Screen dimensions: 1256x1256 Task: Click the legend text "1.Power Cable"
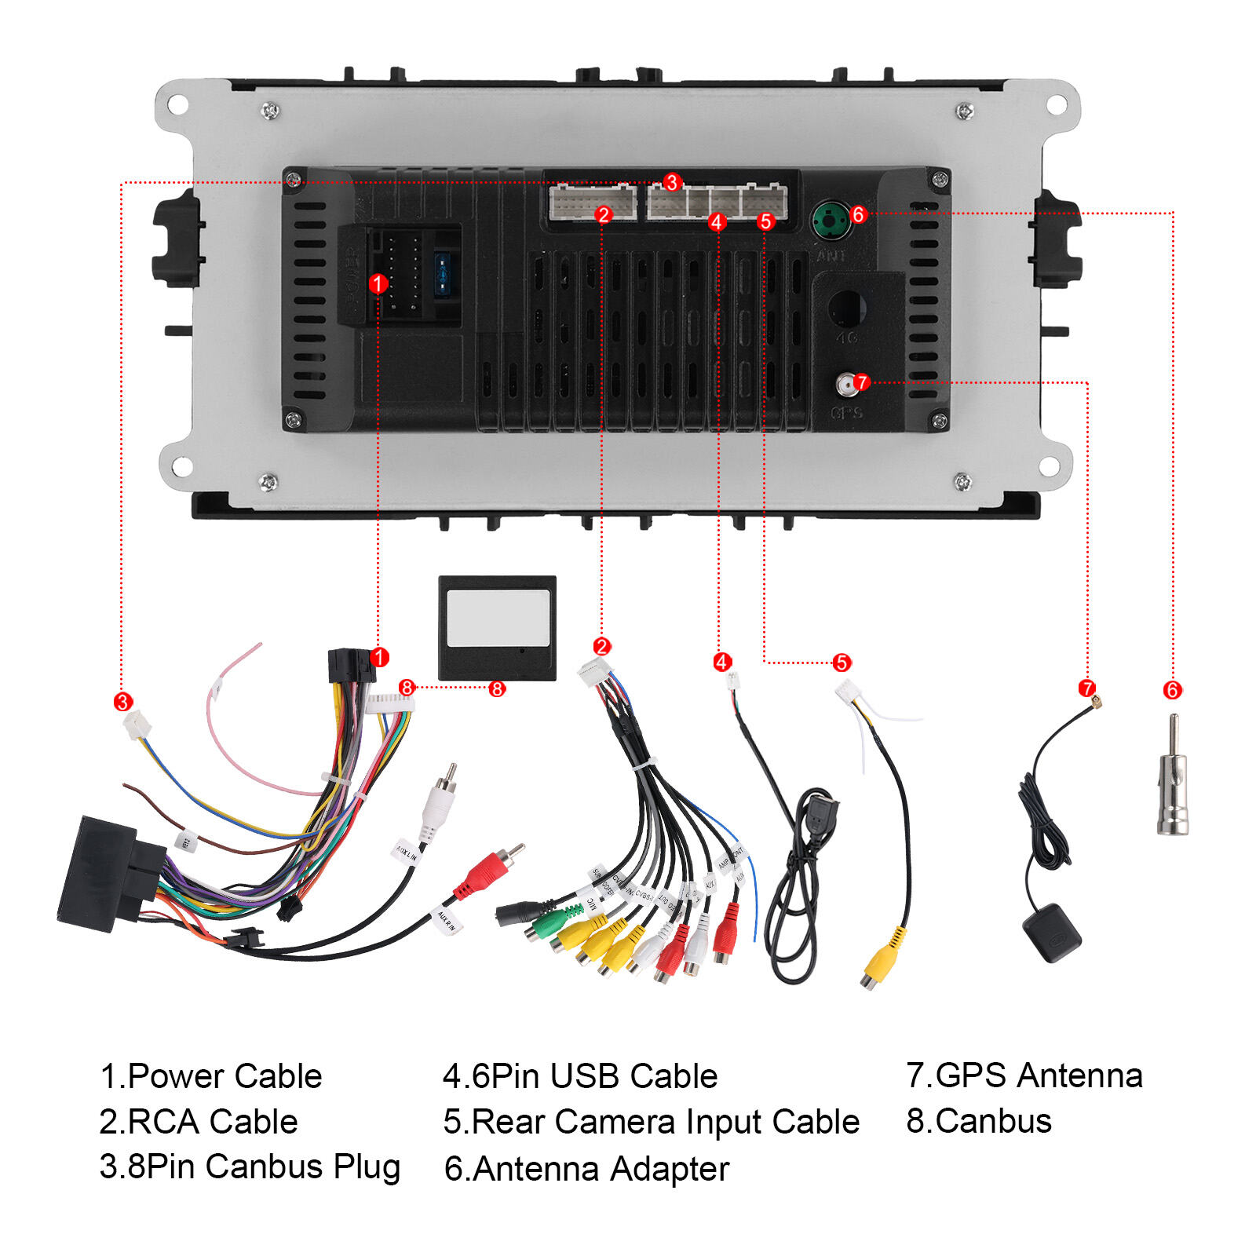click(x=210, y=1076)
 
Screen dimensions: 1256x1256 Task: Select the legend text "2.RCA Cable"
click(x=199, y=1122)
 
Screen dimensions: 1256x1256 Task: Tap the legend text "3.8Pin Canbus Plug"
click(x=250, y=1167)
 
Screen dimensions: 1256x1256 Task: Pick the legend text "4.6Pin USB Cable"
click(x=580, y=1076)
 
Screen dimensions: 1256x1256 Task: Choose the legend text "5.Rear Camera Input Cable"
click(x=652, y=1122)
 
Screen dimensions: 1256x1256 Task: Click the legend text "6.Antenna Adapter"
click(x=586, y=1169)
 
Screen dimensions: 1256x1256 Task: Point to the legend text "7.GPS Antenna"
click(x=1024, y=1075)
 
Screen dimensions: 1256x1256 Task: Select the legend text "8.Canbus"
click(x=979, y=1121)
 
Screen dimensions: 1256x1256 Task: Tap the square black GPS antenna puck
click(x=1052, y=933)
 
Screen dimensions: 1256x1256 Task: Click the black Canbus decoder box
click(x=497, y=628)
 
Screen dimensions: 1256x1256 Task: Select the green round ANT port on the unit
click(x=831, y=221)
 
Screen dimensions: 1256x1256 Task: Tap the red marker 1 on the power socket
click(x=378, y=283)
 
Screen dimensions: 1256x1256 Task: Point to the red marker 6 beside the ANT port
click(x=858, y=214)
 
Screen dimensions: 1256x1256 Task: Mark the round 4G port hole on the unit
click(x=845, y=307)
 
